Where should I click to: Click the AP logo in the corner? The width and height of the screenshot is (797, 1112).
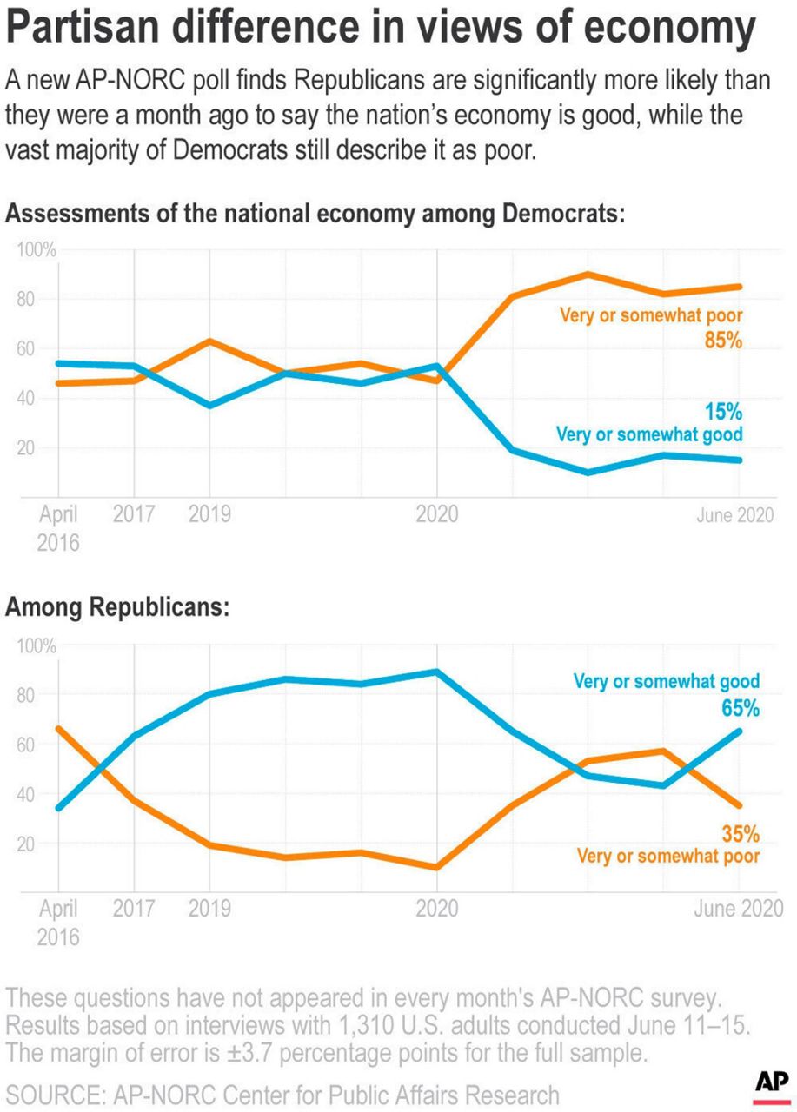point(771,1086)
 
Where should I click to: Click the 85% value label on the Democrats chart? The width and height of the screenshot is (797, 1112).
point(722,341)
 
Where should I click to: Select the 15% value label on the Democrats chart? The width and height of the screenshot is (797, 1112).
point(722,411)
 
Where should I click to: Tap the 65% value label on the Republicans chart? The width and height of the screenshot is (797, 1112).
point(739,708)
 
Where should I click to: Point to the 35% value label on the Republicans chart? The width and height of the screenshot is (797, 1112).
point(740,834)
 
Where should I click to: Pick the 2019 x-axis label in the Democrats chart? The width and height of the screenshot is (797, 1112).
point(209,515)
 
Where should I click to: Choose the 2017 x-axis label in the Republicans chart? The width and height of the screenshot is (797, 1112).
point(134,910)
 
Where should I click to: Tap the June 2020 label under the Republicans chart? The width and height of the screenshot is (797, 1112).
point(739,909)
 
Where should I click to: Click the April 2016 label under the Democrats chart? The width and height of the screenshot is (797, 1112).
point(58,528)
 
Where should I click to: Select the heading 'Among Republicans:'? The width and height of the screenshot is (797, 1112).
point(117,609)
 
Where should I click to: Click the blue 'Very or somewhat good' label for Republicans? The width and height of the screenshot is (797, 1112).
point(667,681)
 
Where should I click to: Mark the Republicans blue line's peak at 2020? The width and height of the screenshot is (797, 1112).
point(435,672)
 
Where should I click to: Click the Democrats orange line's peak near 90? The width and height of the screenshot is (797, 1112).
point(588,275)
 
